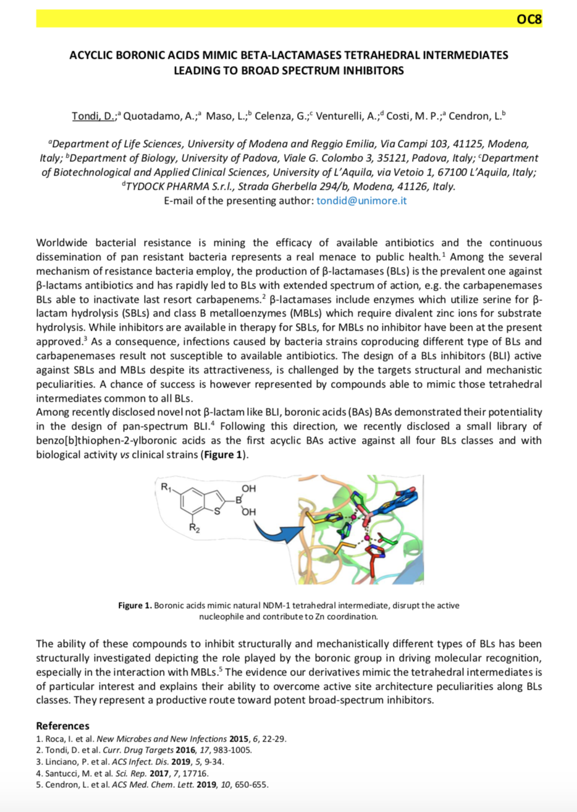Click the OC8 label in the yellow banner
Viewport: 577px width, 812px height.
(529, 19)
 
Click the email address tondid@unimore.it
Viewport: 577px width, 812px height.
(361, 201)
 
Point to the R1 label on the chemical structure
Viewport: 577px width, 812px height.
(166, 487)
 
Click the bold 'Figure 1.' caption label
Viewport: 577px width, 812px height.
(135, 606)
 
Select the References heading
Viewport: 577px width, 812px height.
(62, 725)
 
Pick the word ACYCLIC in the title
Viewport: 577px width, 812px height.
(92, 55)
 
